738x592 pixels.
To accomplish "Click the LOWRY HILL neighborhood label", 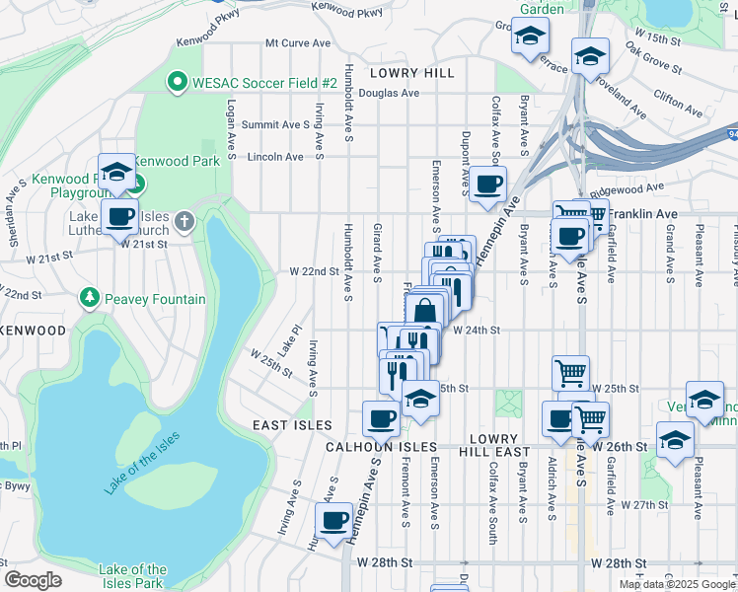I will [x=412, y=73].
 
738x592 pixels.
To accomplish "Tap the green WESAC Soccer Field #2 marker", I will [x=179, y=83].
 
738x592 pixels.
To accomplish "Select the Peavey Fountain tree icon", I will [x=90, y=298].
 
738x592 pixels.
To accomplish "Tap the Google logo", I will [x=33, y=579].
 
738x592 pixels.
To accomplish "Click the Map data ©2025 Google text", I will [x=676, y=584].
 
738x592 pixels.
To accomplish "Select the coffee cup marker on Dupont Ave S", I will [x=487, y=185].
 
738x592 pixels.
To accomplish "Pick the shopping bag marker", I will [x=425, y=312].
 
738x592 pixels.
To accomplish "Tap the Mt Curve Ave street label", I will [x=298, y=43].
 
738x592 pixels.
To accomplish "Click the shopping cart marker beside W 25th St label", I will [x=570, y=373].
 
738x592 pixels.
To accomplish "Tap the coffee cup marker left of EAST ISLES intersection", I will [x=381, y=418].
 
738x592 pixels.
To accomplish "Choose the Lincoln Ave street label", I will [x=276, y=157].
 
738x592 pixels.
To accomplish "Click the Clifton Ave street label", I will [x=678, y=101].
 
